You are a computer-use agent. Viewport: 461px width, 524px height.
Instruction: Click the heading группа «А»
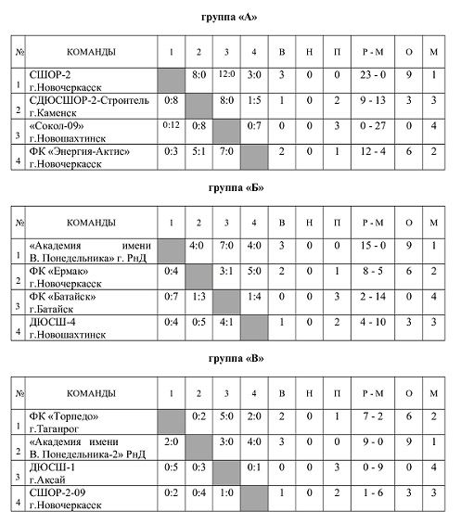coord(230,18)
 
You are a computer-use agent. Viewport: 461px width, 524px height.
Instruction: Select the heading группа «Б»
coord(230,187)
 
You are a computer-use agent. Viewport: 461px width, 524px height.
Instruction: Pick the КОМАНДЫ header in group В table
coord(92,392)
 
